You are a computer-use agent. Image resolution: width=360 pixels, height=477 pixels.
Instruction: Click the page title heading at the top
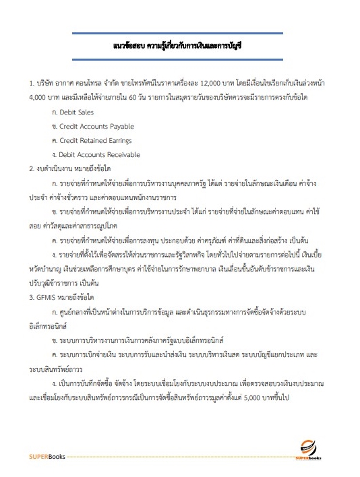179,49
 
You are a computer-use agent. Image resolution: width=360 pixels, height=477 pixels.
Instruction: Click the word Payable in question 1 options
123,126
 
